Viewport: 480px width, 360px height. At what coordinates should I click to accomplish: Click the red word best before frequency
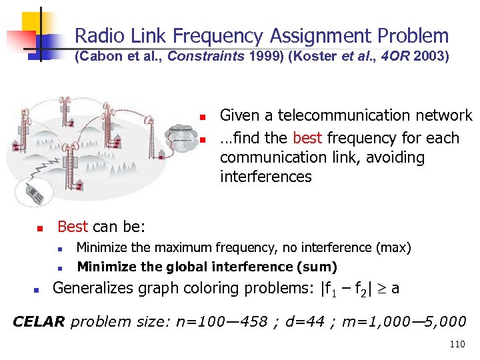click(307, 138)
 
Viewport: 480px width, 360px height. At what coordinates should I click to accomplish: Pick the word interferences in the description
click(265, 177)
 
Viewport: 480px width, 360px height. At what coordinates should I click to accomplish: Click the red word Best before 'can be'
click(73, 227)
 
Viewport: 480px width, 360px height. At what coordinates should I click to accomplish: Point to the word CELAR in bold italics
click(39, 321)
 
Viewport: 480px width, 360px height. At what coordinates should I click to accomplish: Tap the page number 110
click(457, 345)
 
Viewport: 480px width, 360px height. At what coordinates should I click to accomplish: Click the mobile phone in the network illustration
click(35, 193)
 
